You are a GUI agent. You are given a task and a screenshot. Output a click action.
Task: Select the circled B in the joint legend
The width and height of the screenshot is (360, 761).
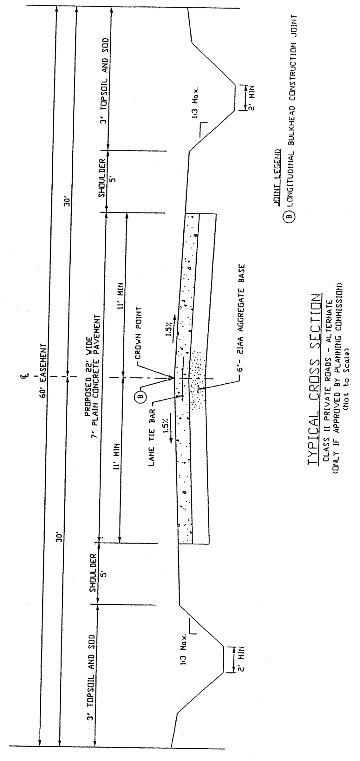pos(290,217)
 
